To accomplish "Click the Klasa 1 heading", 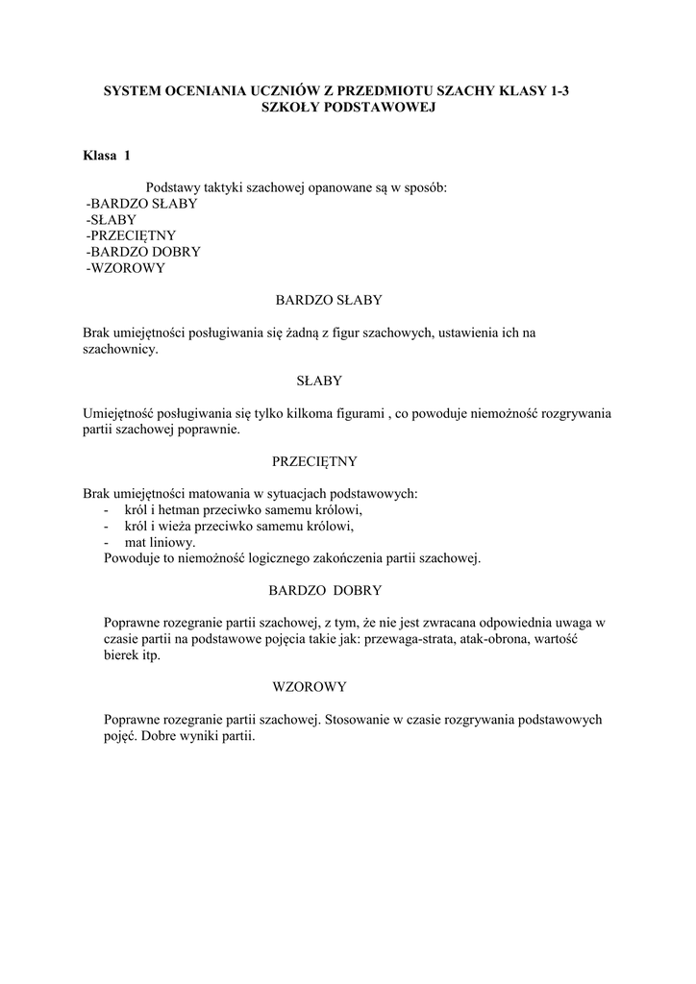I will coord(107,156).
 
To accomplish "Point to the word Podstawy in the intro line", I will coord(170,187).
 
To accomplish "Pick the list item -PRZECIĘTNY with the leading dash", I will coord(131,235).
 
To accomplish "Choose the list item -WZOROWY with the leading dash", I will coord(126,268).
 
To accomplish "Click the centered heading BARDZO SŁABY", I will coord(329,301).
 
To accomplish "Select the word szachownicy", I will coord(119,350).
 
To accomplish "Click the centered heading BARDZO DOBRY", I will coord(329,590).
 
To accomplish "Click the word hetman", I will coord(184,509).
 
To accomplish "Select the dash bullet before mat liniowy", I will coord(105,542).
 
